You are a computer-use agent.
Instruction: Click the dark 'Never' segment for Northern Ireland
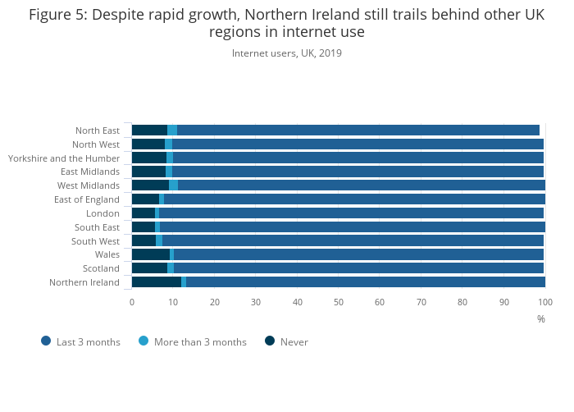pos(156,282)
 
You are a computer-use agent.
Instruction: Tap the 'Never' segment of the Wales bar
pos(150,254)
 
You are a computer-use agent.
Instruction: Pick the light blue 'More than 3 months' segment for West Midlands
pos(173,185)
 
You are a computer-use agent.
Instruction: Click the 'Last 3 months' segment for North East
pos(358,130)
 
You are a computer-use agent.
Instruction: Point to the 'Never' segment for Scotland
pos(149,268)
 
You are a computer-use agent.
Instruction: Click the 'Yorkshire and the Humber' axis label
pos(64,158)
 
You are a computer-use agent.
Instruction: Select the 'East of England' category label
pos(86,199)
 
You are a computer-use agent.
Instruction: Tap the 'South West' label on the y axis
pos(95,241)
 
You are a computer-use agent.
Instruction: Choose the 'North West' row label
pos(96,144)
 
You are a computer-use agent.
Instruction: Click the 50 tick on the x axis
pos(339,302)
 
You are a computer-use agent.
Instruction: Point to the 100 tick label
pos(544,302)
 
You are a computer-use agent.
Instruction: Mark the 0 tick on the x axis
pos(132,302)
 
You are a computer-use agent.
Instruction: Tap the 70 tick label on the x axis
pos(421,302)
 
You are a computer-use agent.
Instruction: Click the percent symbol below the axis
pos(541,319)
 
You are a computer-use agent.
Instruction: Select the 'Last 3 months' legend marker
pos(46,341)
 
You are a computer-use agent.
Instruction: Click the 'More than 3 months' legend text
pos(200,342)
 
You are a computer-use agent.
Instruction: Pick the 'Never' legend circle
pos(270,341)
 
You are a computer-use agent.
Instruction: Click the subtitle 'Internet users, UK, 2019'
pos(287,53)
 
